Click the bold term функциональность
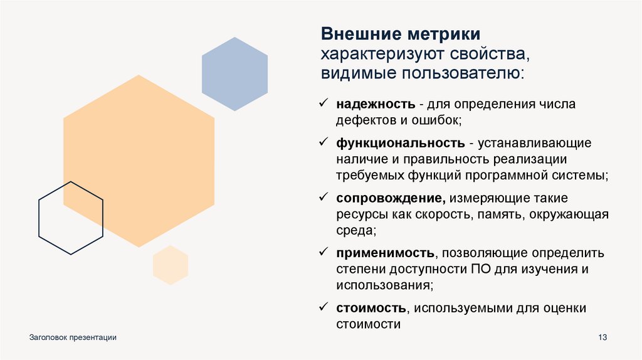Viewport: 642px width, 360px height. (x=401, y=143)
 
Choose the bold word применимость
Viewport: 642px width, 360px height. (x=385, y=253)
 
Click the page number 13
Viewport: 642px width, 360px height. (x=603, y=338)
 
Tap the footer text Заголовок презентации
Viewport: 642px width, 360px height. (x=73, y=338)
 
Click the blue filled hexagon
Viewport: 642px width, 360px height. (x=234, y=74)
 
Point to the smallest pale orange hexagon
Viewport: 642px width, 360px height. (x=171, y=265)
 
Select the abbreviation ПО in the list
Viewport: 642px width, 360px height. (x=476, y=270)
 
